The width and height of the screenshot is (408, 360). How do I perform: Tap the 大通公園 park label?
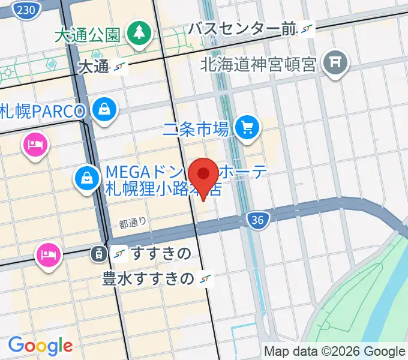click(x=88, y=34)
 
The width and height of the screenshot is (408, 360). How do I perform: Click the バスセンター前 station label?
click(x=242, y=28)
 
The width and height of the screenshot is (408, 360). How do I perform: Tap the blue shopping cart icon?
click(x=246, y=127)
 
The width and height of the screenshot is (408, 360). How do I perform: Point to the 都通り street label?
click(x=133, y=223)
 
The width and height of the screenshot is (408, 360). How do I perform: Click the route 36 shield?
click(x=257, y=221)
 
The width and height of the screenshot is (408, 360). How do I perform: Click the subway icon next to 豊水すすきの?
click(x=206, y=278)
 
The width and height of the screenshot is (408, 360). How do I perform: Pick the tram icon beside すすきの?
click(x=98, y=254)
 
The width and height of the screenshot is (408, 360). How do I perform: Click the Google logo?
click(x=40, y=345)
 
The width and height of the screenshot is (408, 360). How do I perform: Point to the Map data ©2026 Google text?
click(x=335, y=352)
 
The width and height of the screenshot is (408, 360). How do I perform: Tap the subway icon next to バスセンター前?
click(x=307, y=28)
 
